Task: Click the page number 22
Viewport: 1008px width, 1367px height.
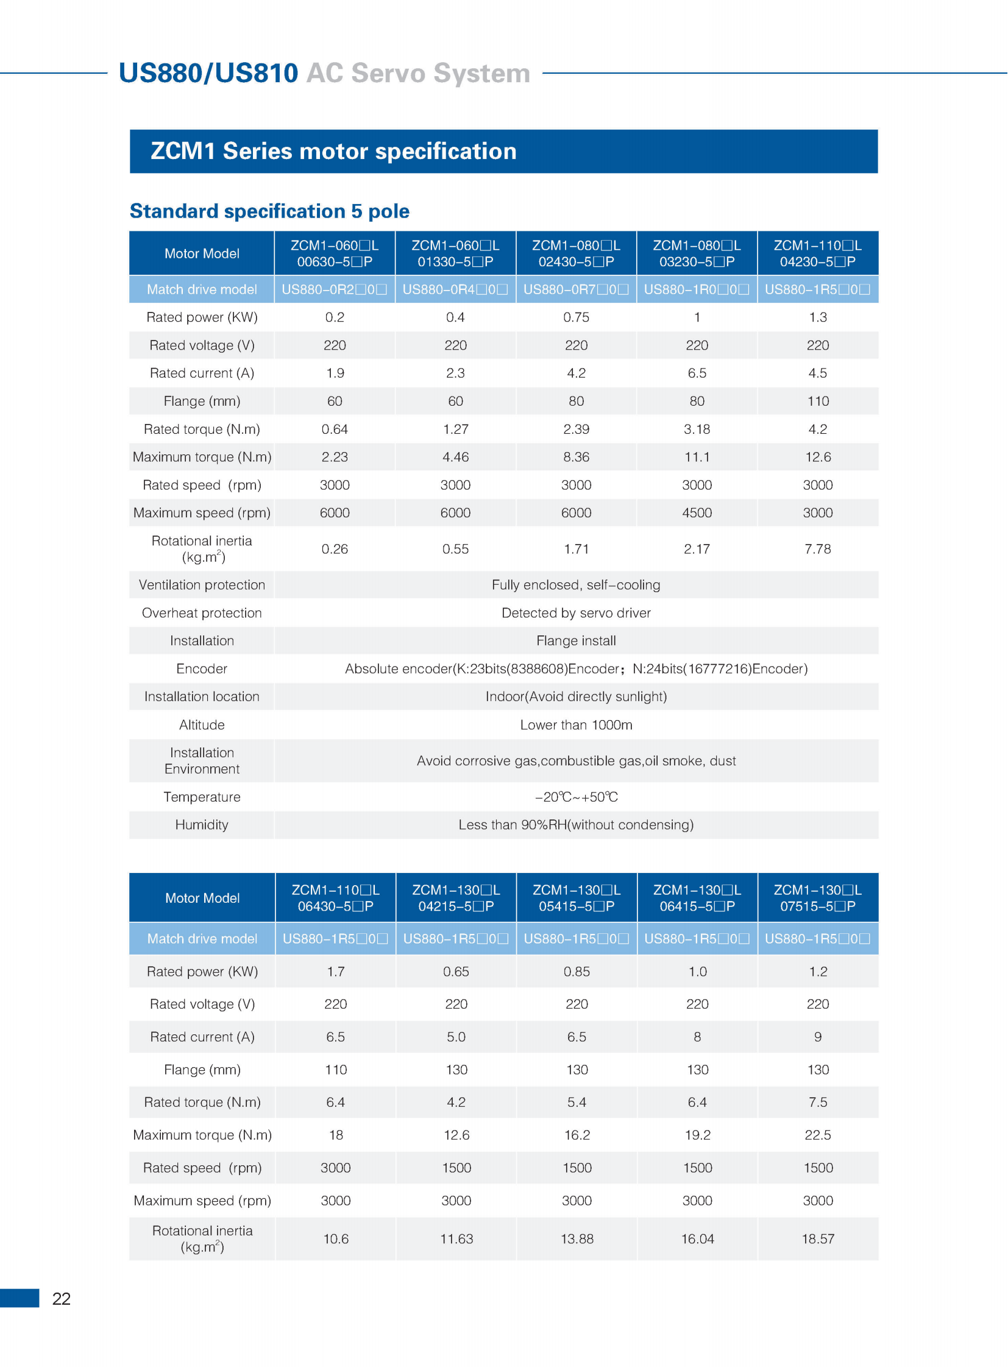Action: (61, 1299)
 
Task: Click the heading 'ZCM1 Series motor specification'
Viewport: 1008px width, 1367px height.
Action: (333, 151)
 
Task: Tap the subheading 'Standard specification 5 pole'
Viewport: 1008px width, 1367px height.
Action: (269, 211)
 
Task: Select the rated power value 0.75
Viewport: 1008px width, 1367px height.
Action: (576, 317)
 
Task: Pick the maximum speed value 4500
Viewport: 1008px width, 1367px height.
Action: (697, 513)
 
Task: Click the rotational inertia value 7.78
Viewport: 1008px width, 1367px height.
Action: (818, 549)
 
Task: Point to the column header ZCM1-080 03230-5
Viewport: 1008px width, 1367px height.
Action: (697, 253)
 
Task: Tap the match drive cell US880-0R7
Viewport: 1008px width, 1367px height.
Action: (576, 290)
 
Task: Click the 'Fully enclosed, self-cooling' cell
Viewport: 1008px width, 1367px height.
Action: (576, 585)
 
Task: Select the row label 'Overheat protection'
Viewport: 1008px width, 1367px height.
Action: (202, 613)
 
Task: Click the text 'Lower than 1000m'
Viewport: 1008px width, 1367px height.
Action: (576, 725)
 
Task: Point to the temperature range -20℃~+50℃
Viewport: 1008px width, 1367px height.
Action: (576, 797)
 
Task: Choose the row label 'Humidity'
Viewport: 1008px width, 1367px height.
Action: (202, 825)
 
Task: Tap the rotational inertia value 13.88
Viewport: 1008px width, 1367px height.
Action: (577, 1239)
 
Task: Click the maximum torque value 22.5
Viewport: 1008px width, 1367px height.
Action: (818, 1134)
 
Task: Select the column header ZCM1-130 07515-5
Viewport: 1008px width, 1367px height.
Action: (818, 898)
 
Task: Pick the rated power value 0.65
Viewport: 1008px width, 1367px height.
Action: (456, 971)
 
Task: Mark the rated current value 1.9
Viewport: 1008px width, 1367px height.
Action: (335, 373)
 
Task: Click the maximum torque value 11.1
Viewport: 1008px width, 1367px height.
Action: (697, 457)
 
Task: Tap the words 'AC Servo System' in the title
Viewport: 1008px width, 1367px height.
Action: (418, 73)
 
